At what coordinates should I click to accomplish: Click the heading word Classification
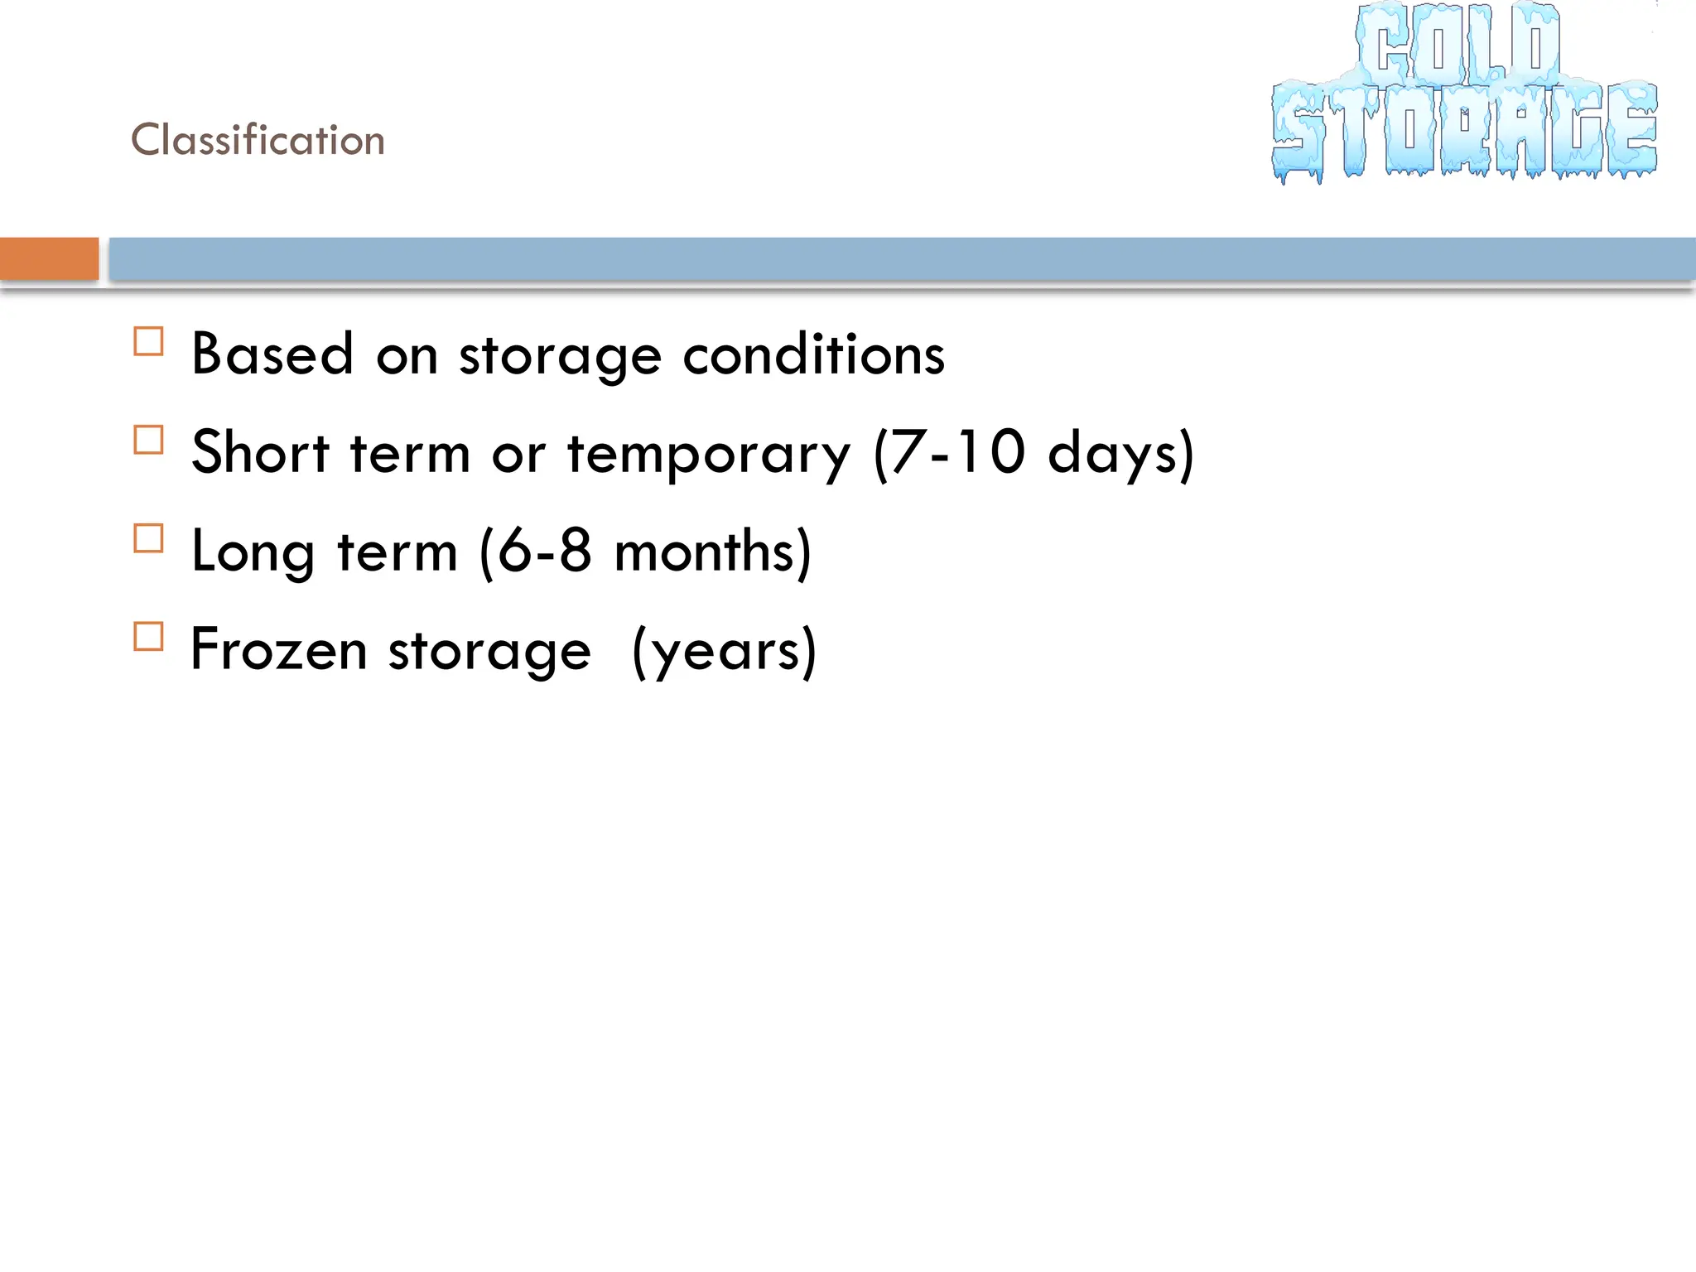coord(258,139)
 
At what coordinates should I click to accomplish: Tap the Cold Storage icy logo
coord(1464,93)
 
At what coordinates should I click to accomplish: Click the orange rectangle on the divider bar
coord(49,258)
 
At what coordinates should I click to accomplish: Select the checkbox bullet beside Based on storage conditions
coord(148,341)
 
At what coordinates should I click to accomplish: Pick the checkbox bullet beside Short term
coord(148,440)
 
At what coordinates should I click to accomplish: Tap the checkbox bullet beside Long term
coord(148,538)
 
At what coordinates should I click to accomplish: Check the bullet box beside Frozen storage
coord(148,637)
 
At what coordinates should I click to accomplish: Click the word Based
coord(272,354)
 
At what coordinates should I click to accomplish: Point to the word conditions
coord(813,354)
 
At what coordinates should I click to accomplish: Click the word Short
coord(260,452)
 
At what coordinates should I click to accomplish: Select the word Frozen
coord(278,649)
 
